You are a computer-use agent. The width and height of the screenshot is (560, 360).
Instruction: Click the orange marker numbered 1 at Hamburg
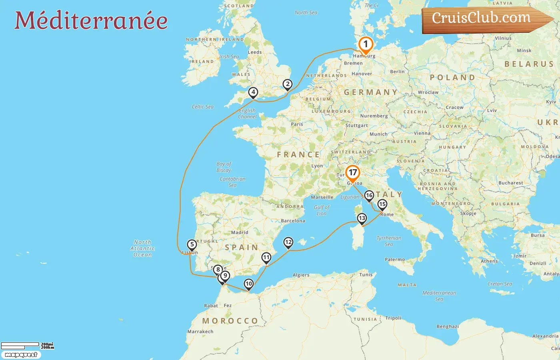pyautogui.click(x=365, y=45)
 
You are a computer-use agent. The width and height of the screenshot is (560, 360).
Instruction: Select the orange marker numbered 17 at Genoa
pyautogui.click(x=352, y=173)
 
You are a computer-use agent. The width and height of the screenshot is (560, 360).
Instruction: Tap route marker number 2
pyautogui.click(x=287, y=84)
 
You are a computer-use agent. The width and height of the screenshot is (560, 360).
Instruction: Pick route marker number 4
pyautogui.click(x=253, y=92)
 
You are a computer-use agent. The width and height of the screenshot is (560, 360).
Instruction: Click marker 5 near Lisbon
pyautogui.click(x=192, y=245)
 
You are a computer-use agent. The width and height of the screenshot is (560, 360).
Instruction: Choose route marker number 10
pyautogui.click(x=249, y=284)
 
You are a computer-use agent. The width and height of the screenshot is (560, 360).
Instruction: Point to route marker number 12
pyautogui.click(x=288, y=242)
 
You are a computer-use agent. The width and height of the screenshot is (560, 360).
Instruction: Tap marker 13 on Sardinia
pyautogui.click(x=362, y=218)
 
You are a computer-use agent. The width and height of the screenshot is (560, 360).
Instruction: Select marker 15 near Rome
pyautogui.click(x=382, y=205)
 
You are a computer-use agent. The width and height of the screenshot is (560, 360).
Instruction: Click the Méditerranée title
pyautogui.click(x=91, y=20)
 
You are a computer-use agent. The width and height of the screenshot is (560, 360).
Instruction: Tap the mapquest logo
pyautogui.click(x=21, y=355)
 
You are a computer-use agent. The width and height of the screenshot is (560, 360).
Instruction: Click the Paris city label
pyautogui.click(x=297, y=124)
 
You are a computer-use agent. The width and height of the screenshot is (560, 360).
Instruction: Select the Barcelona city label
pyautogui.click(x=293, y=220)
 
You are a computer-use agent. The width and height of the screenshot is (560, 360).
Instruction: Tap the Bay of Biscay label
pyautogui.click(x=224, y=167)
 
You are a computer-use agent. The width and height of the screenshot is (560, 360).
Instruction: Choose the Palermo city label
pyautogui.click(x=395, y=259)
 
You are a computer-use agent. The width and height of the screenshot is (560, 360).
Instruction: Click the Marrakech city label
pyautogui.click(x=200, y=331)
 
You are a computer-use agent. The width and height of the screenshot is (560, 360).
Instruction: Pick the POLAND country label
pyautogui.click(x=452, y=78)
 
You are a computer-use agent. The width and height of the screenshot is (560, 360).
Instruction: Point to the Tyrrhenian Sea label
pyautogui.click(x=389, y=241)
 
